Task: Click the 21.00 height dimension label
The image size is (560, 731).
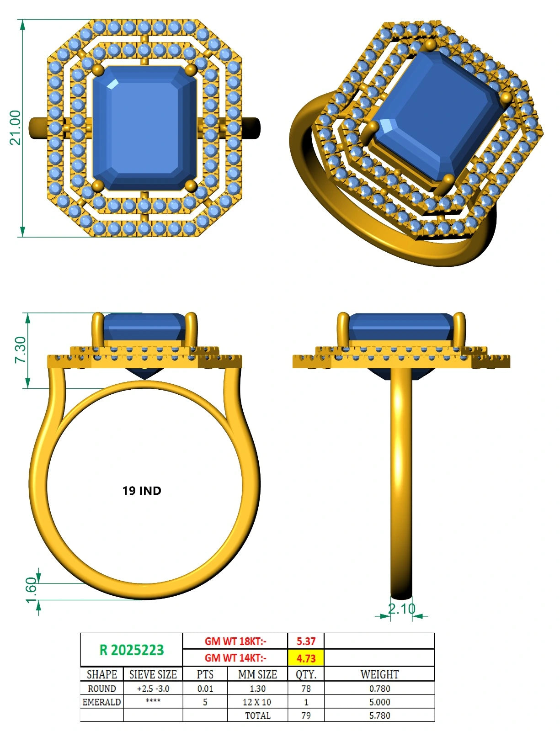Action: [x=16, y=127]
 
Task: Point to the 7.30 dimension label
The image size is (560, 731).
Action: [x=21, y=350]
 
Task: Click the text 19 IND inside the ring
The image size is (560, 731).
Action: [x=142, y=491]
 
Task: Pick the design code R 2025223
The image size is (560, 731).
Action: [x=132, y=650]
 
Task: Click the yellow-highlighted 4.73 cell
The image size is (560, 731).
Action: [x=306, y=658]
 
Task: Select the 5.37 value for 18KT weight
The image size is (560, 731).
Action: [x=306, y=641]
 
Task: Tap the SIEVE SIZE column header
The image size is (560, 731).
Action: [x=153, y=674]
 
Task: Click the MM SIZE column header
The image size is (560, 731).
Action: [x=257, y=674]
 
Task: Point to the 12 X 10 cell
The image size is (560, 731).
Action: [x=257, y=702]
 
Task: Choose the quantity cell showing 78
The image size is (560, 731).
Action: [x=306, y=689]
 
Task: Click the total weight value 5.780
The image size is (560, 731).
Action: [x=379, y=715]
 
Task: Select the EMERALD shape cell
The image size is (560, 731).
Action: [x=101, y=702]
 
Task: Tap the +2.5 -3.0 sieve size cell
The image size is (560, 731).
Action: [x=153, y=689]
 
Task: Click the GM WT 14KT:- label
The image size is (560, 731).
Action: [x=235, y=658]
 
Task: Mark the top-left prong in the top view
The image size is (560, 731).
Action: [x=98, y=70]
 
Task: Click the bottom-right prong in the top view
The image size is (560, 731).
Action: [x=191, y=185]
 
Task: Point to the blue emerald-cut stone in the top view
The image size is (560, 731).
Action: [x=144, y=128]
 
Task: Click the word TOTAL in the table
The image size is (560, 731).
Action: [x=257, y=715]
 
